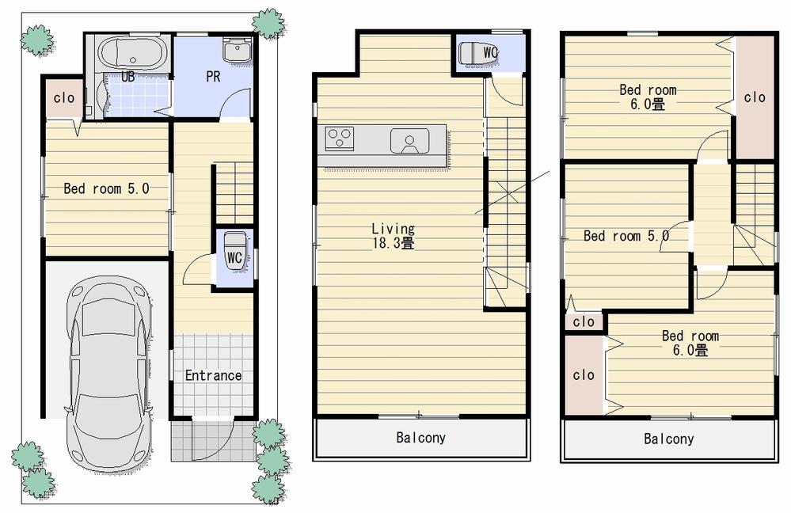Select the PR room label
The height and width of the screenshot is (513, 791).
pos(212,78)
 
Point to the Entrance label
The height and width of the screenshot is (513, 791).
pos(213,375)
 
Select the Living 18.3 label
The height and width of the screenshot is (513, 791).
pos(393,236)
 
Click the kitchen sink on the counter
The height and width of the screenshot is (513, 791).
pos(409,141)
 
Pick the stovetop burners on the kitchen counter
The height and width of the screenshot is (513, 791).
pos(340,139)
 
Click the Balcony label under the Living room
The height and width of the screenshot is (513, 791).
pos(420,438)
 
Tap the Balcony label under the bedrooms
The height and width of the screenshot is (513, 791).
pos(668,439)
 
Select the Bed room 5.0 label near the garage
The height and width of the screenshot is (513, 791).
pos(106,188)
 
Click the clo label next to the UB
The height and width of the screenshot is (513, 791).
pos(64,98)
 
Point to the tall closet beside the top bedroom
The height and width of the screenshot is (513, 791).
pos(755,97)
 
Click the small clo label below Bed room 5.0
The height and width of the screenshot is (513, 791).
pos(584,321)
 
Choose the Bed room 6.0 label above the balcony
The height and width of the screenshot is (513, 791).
pos(690,343)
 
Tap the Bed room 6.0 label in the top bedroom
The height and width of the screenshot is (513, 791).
pos(648,97)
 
